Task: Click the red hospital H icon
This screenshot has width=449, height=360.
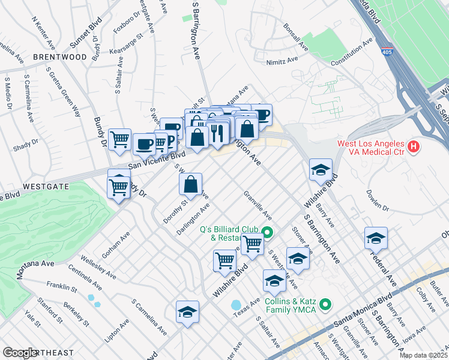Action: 413,146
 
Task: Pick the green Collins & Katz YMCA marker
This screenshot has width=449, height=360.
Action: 325,305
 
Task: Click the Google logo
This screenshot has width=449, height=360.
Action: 20,353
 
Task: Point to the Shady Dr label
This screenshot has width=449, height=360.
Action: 25,143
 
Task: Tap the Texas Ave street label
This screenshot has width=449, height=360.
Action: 242,311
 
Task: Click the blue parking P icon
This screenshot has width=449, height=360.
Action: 170,140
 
